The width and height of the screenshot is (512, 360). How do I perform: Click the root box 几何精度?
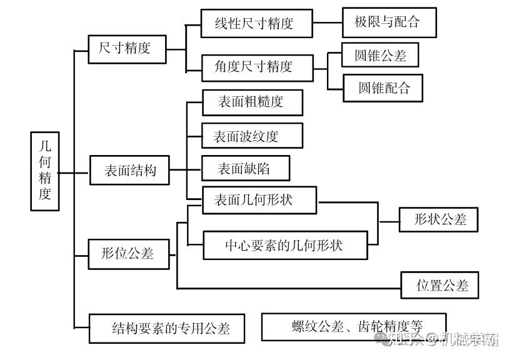tap(45, 171)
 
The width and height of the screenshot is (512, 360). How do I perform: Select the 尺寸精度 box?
tap(127, 49)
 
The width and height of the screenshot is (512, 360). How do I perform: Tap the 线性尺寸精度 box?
tap(257, 24)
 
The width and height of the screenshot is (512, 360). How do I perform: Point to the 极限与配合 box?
tap(389, 22)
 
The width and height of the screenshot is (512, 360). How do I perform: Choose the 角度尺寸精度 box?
tap(258, 68)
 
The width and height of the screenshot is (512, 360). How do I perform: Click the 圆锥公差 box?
tap(380, 55)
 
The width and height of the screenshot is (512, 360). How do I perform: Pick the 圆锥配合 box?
tap(383, 88)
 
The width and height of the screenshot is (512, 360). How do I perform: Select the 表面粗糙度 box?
tap(253, 102)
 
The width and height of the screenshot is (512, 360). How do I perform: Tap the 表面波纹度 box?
tap(252, 136)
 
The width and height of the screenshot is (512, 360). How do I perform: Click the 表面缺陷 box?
tap(246, 168)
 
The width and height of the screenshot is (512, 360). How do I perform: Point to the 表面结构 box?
tap(129, 170)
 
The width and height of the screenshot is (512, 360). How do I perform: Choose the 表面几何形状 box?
tap(259, 200)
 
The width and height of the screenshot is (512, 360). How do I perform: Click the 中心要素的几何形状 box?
tap(286, 245)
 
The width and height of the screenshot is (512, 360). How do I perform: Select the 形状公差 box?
tap(438, 219)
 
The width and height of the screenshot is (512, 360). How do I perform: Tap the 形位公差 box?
tap(129, 254)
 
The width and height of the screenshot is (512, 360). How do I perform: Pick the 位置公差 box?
tap(440, 285)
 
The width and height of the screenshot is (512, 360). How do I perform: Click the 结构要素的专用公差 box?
tap(167, 328)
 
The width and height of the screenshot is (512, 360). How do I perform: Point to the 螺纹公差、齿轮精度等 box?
tap(354, 327)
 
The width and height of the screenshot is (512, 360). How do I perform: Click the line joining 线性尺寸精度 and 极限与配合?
tap(328, 23)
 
